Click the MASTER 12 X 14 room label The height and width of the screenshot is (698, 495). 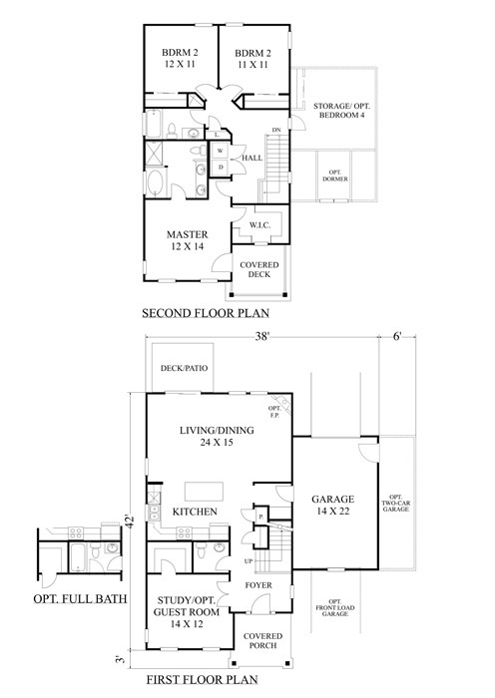(188, 240)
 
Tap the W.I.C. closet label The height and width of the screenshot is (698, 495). (259, 225)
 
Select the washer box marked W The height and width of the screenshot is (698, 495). (221, 151)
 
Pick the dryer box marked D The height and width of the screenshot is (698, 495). (221, 168)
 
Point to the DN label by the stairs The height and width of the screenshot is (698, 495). (276, 130)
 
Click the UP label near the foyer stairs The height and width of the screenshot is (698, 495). (248, 560)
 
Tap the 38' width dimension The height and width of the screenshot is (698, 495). (262, 337)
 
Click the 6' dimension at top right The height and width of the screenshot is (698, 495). (397, 337)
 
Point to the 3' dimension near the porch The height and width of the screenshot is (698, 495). (119, 659)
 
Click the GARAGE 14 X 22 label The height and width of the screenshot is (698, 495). (332, 505)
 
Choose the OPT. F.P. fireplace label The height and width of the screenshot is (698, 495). (274, 412)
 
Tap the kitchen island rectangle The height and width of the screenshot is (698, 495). (204, 492)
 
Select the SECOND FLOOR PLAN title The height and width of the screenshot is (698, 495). (206, 313)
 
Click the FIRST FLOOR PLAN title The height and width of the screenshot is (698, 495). (203, 680)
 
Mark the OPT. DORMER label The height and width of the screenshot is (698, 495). (338, 175)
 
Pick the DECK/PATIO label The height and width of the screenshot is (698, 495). (184, 368)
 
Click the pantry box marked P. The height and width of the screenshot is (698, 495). (261, 517)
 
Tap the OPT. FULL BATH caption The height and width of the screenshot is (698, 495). (80, 598)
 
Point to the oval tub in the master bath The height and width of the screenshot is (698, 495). (155, 183)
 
